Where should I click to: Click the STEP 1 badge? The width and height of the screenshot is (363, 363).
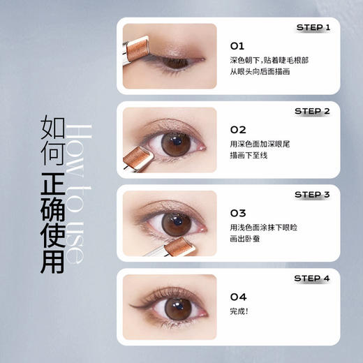point(311,27)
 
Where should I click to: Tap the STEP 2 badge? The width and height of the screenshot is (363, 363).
point(311,111)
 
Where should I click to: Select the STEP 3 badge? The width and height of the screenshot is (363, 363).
point(311,195)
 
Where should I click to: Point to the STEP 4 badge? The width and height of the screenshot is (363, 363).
point(311,279)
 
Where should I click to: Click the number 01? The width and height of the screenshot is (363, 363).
point(237,46)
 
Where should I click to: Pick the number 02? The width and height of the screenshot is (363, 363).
point(238,130)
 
